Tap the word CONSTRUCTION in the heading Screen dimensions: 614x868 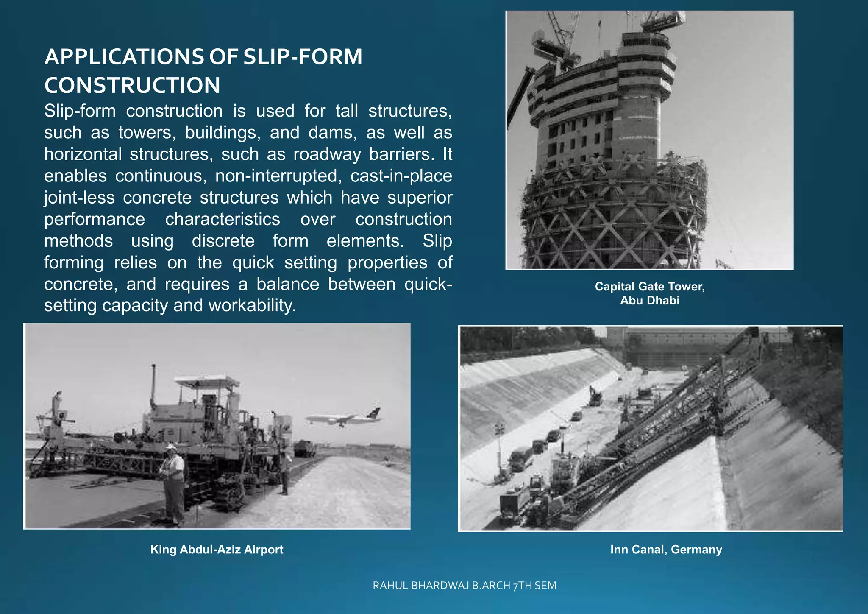tap(132, 85)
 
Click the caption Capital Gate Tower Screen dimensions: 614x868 tap(649, 287)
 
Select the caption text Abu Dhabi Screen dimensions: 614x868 tap(649, 301)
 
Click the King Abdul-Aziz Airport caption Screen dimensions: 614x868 tap(217, 550)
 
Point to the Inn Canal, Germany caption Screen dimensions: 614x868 tap(666, 550)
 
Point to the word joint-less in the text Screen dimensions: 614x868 tap(79, 198)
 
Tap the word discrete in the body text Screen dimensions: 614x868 tap(223, 241)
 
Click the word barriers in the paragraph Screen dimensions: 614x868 tap(402, 154)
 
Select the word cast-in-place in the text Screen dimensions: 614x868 tap(401, 176)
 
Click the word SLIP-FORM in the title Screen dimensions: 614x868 tap(303, 57)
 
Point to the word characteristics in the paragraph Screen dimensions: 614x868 tap(223, 219)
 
